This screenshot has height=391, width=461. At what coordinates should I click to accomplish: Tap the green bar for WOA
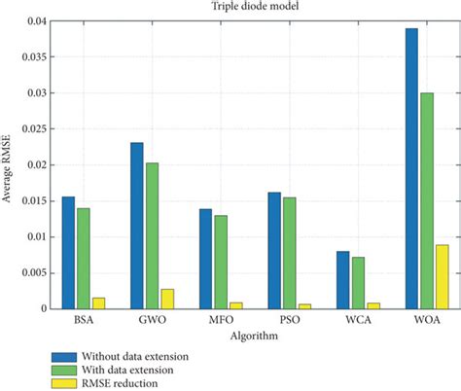point(401,200)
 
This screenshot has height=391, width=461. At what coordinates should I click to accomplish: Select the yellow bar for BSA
point(98,302)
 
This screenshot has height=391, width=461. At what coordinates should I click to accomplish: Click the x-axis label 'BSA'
point(83,320)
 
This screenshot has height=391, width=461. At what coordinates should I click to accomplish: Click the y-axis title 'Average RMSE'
point(9,165)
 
